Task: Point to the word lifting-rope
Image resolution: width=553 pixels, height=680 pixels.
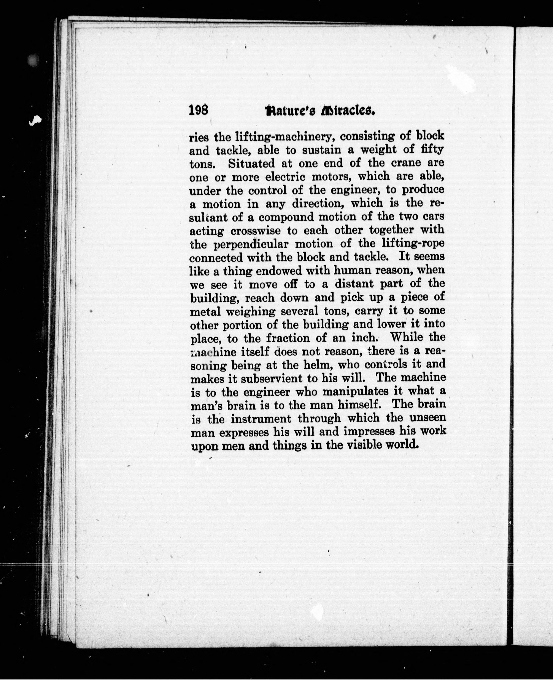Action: (x=413, y=244)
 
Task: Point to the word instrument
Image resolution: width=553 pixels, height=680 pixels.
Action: (x=261, y=419)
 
